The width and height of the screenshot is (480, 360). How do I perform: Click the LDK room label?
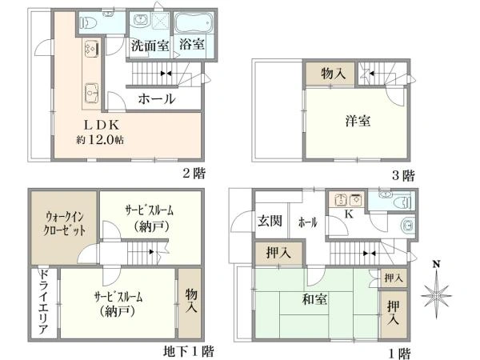[102, 125]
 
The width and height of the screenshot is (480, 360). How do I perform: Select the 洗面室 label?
[150, 46]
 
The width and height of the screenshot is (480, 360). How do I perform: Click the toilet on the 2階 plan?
[89, 22]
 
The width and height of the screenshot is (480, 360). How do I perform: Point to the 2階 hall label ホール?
[157, 99]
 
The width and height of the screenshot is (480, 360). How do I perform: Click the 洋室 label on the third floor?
[358, 121]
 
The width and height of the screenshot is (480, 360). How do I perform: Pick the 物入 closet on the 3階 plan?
[333, 74]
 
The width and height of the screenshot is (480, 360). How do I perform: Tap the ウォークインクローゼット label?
[65, 224]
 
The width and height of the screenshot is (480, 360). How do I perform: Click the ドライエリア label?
[44, 302]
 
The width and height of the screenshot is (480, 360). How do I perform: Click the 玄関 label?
[270, 221]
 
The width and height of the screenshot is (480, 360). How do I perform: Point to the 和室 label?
[314, 299]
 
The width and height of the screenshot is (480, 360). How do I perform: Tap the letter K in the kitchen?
[349, 214]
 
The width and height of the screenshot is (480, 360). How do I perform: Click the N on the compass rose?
[436, 263]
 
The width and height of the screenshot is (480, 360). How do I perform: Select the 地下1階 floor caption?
[188, 351]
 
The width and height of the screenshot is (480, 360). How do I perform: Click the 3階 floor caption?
[403, 176]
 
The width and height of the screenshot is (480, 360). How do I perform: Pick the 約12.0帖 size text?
[100, 140]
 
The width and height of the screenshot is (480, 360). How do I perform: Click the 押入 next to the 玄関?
[278, 253]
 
